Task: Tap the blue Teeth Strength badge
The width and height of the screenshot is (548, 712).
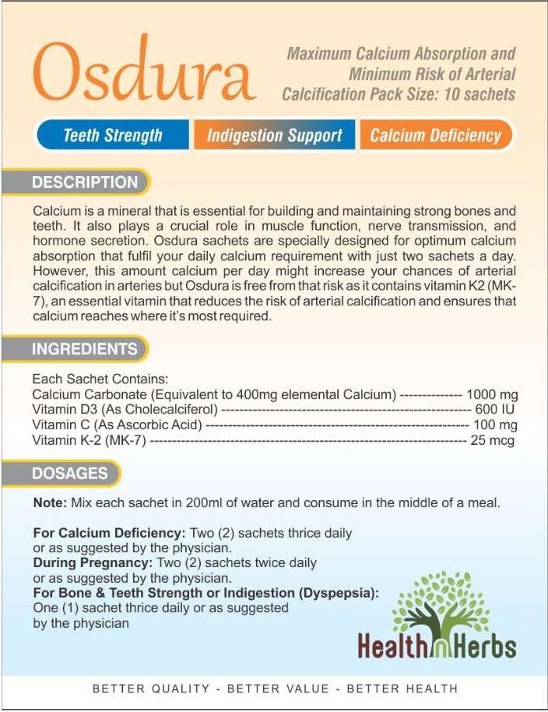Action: click(x=113, y=136)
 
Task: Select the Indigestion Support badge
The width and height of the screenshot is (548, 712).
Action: click(x=274, y=136)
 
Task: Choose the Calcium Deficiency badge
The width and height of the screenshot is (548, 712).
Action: click(x=435, y=136)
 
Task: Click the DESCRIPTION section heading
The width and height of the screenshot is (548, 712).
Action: click(x=84, y=182)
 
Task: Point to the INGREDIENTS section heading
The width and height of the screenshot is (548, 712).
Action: click(x=84, y=350)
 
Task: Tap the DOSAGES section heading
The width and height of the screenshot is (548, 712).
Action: click(x=70, y=473)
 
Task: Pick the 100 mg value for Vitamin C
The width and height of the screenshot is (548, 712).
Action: click(x=495, y=425)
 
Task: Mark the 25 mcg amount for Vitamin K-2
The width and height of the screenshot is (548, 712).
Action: click(x=492, y=440)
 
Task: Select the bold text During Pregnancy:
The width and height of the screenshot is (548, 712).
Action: click(x=93, y=562)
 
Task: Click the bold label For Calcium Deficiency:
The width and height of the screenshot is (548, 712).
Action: click(x=109, y=534)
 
